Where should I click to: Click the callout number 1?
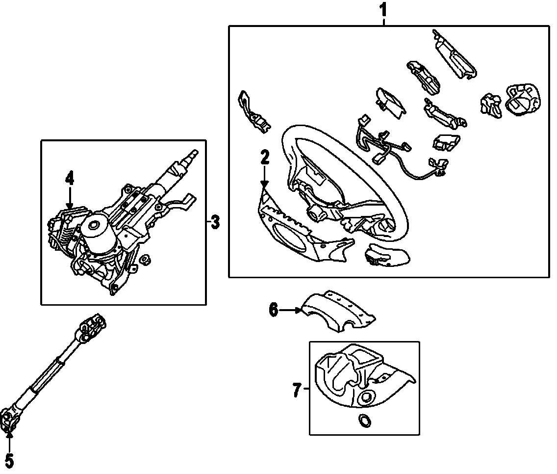point(383,9)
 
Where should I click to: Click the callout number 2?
point(265,158)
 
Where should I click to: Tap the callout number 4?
point(70,178)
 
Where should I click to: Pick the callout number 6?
point(273,310)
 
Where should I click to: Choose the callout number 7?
point(296,391)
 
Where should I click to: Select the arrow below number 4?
point(70,199)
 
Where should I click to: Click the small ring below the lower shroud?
point(364,420)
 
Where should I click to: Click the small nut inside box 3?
point(145,259)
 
